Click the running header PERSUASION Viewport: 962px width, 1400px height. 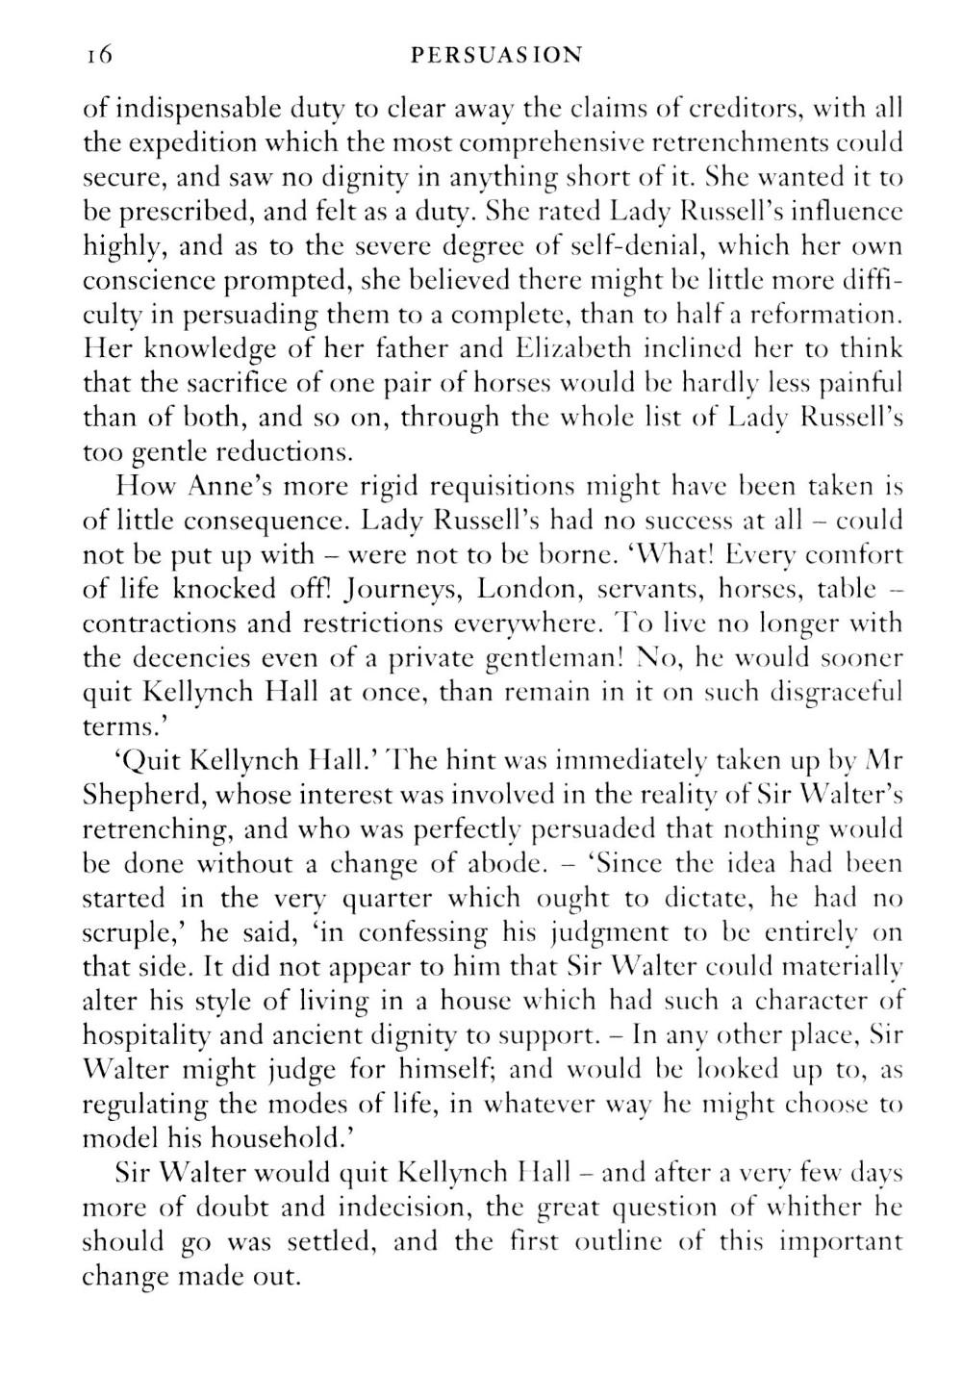(x=495, y=55)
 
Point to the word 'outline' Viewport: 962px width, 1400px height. (x=618, y=1241)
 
